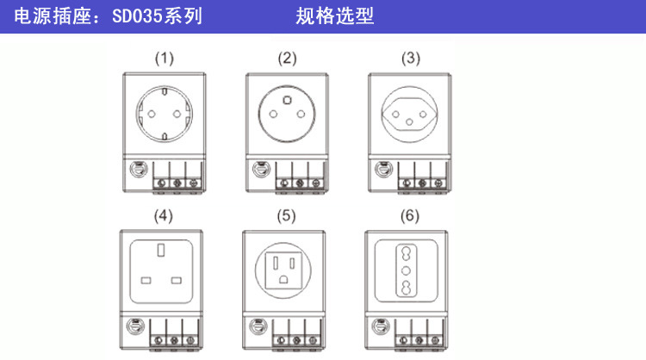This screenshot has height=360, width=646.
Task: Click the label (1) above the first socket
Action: click(x=164, y=59)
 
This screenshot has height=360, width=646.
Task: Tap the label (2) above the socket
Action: click(x=287, y=59)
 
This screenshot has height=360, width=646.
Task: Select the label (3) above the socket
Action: click(x=411, y=59)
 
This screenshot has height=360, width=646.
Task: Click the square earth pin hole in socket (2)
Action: click(x=287, y=100)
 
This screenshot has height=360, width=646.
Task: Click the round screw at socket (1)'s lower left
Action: click(x=134, y=171)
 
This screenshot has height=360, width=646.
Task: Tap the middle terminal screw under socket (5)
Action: click(x=297, y=340)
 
